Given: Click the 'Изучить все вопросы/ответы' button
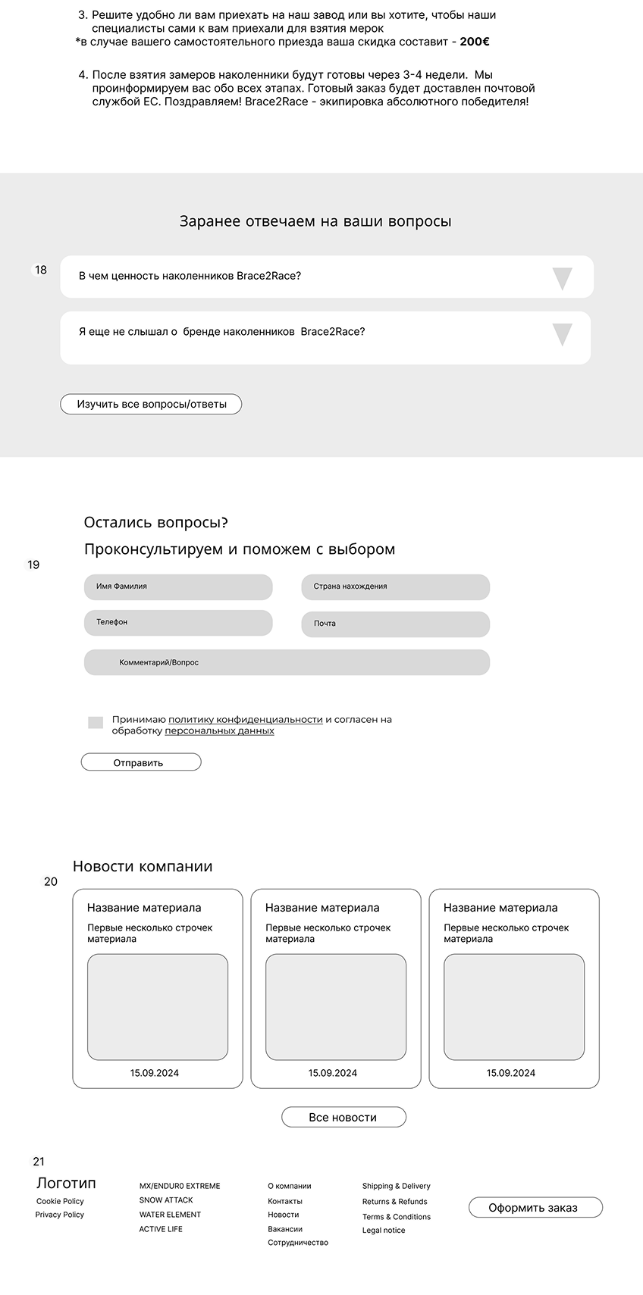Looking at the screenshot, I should coord(151,405).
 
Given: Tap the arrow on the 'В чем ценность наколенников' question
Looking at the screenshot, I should coord(562,278).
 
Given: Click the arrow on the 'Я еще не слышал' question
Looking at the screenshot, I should coord(562,334).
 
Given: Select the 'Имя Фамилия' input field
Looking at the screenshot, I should coord(178,587).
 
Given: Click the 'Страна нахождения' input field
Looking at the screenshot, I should coord(395,587).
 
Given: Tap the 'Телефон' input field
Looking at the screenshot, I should coord(178,623).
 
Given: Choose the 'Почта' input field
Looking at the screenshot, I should coord(395,624).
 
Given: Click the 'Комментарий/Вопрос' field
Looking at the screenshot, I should coord(287,662).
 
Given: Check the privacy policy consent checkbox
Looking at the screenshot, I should coord(96,723).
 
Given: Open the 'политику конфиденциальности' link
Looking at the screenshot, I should coord(246,719).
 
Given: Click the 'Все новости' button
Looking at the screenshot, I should coord(343,1117).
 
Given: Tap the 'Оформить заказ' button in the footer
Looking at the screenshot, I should coord(535,1207).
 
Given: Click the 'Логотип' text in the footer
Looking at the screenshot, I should coord(66,1183).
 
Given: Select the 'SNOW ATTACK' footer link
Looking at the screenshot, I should coord(166,1200).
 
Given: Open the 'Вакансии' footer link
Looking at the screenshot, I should coord(285,1229).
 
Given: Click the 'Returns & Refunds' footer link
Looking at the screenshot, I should coord(395,1201).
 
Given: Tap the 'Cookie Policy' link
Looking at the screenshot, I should coord(60,1201).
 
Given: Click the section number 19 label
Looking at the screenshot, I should coord(33,565).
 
